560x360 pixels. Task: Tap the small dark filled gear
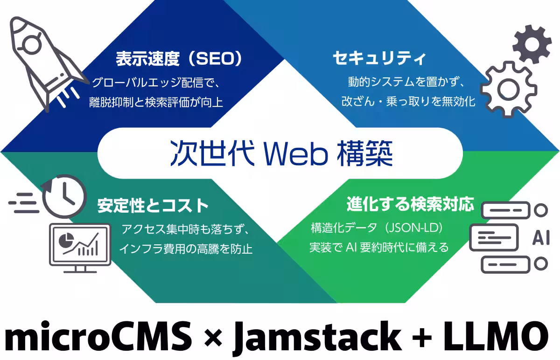(x=532, y=44)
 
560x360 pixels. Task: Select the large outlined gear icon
(x=509, y=90)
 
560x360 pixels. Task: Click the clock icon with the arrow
(x=64, y=196)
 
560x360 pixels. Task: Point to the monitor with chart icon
(x=80, y=248)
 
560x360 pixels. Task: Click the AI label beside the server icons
(x=541, y=237)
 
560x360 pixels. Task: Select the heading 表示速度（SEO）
(x=179, y=59)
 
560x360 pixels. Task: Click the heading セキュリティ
(x=379, y=58)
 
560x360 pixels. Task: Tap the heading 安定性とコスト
(x=153, y=206)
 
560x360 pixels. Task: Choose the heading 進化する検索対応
(x=410, y=204)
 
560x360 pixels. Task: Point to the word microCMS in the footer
(x=98, y=336)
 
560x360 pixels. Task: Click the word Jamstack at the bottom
(x=317, y=337)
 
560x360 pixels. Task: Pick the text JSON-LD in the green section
(x=414, y=228)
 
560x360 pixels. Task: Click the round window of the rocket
(x=32, y=45)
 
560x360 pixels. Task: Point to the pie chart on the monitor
(x=66, y=240)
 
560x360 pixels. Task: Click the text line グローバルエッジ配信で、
(x=156, y=82)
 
